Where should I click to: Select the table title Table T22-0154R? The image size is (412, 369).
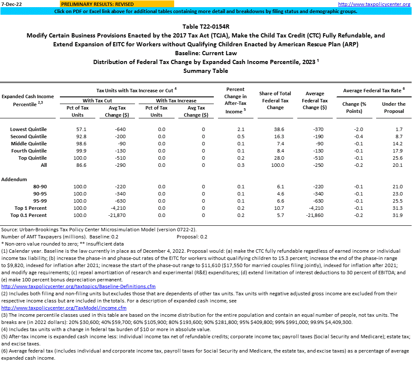coord(205,27)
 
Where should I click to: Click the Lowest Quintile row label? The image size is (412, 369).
coord(28,129)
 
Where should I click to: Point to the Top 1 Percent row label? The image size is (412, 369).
coord(30,208)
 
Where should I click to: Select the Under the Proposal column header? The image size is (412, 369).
coord(393,107)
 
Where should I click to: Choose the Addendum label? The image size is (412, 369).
coord(14,179)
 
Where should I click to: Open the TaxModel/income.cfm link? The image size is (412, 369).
coord(64,308)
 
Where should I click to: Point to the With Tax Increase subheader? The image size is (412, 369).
coord(176,101)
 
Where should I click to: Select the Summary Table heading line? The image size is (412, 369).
coord(205,71)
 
